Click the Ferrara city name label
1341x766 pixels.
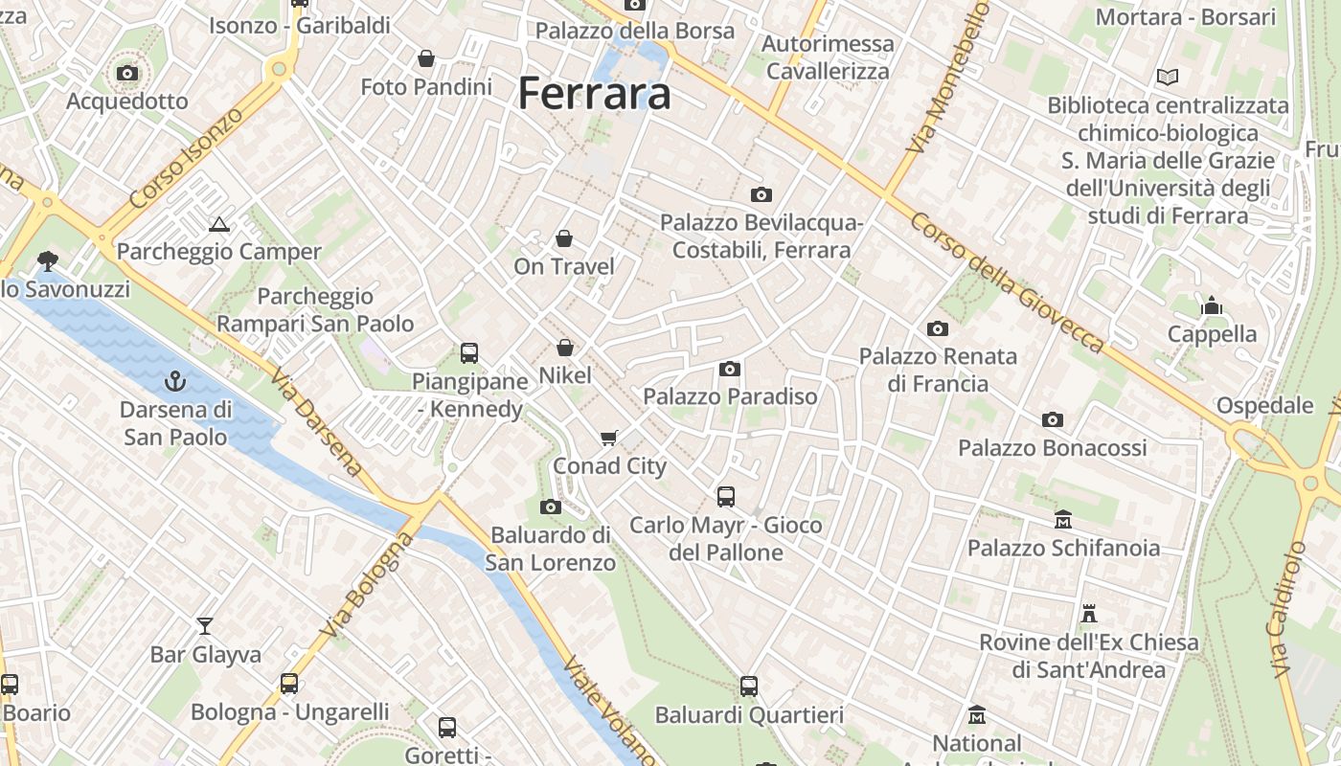tap(594, 94)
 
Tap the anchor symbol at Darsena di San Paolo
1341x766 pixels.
tap(174, 381)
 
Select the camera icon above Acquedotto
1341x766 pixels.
tap(127, 73)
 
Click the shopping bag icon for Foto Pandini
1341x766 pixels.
tap(426, 59)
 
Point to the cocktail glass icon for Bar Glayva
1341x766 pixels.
tap(205, 626)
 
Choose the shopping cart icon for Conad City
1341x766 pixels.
tap(609, 439)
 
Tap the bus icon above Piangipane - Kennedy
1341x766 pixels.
tap(469, 353)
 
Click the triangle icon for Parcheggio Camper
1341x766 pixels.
tap(219, 225)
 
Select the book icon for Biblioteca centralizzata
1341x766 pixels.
tap(1168, 77)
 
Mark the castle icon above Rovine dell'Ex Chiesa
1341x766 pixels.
tap(1089, 613)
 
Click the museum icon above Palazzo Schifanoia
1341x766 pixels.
tap(1063, 520)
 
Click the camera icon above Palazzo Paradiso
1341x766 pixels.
tap(730, 369)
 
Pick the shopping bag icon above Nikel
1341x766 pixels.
tap(565, 348)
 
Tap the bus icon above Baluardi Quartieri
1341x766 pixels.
tap(749, 687)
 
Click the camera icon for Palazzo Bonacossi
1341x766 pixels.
tap(1053, 419)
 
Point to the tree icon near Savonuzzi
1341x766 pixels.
tap(46, 260)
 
